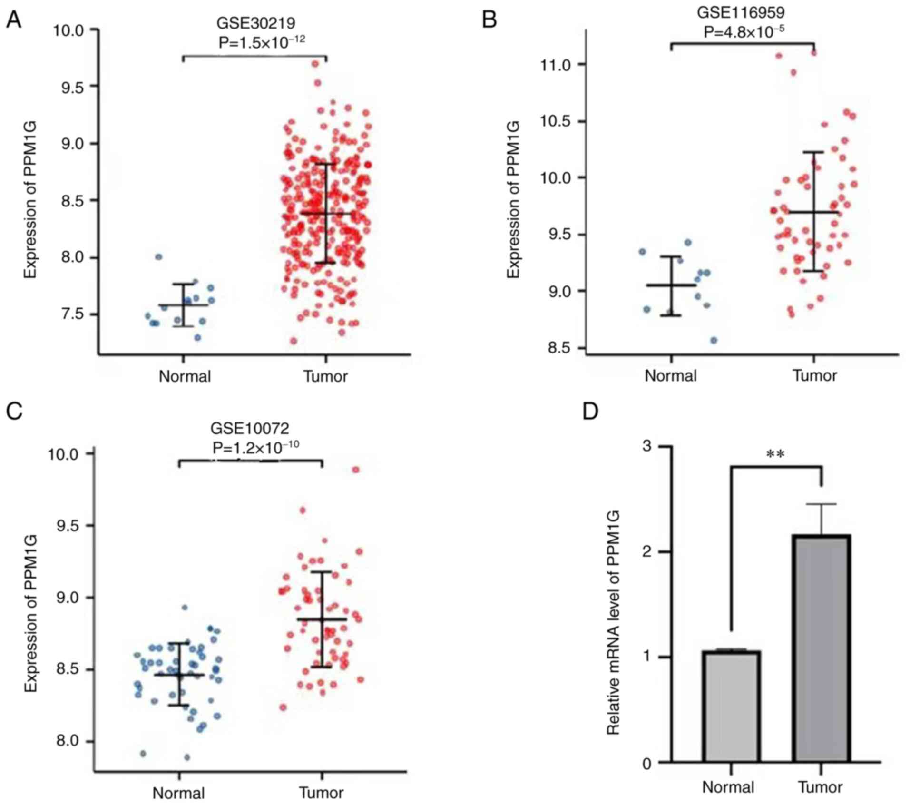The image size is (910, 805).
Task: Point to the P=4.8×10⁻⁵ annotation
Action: [744, 32]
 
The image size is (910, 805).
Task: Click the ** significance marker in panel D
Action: [775, 455]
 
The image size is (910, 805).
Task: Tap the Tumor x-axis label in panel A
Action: [326, 376]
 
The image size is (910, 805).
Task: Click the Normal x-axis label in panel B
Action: [670, 376]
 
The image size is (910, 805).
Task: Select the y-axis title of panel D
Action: [613, 623]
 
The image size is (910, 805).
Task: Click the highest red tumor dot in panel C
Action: [355, 470]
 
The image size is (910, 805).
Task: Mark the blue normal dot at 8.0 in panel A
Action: [159, 257]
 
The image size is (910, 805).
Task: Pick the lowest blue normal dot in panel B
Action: [714, 340]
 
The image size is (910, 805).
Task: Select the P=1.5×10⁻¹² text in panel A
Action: [262, 42]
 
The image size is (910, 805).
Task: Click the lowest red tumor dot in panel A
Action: [294, 341]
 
